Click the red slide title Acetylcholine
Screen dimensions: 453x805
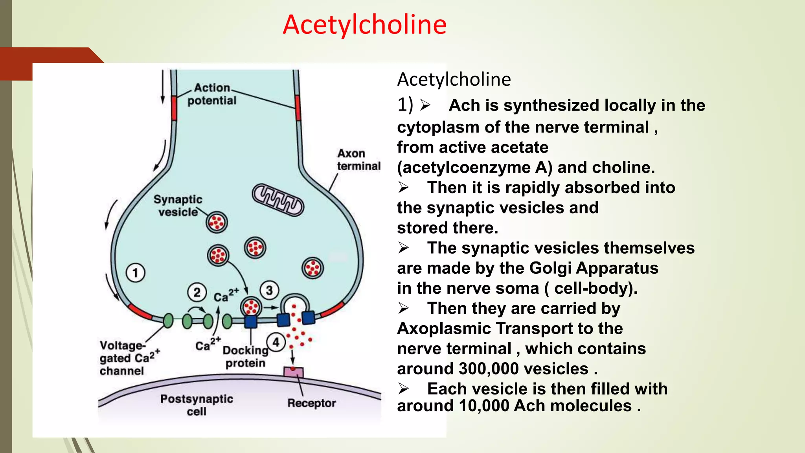pyautogui.click(x=364, y=25)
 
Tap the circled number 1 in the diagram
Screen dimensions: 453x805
pyautogui.click(x=135, y=273)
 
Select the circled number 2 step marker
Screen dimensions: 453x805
pyautogui.click(x=197, y=292)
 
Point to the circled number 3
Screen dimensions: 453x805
pyautogui.click(x=269, y=291)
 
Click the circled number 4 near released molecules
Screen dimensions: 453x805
pyautogui.click(x=276, y=342)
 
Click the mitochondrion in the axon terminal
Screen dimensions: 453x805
pyautogui.click(x=278, y=200)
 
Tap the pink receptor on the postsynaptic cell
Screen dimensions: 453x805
pyautogui.click(x=293, y=372)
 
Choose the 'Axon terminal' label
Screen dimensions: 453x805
pyautogui.click(x=358, y=160)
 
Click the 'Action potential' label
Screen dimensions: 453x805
pyautogui.click(x=212, y=94)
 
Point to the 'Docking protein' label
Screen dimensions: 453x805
pyautogui.click(x=245, y=356)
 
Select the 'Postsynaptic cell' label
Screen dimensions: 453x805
pyautogui.click(x=197, y=405)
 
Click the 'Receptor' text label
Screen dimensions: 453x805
pyautogui.click(x=311, y=403)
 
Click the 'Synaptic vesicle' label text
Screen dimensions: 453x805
pyautogui.click(x=178, y=206)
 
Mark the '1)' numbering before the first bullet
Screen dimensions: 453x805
pyautogui.click(x=405, y=105)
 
